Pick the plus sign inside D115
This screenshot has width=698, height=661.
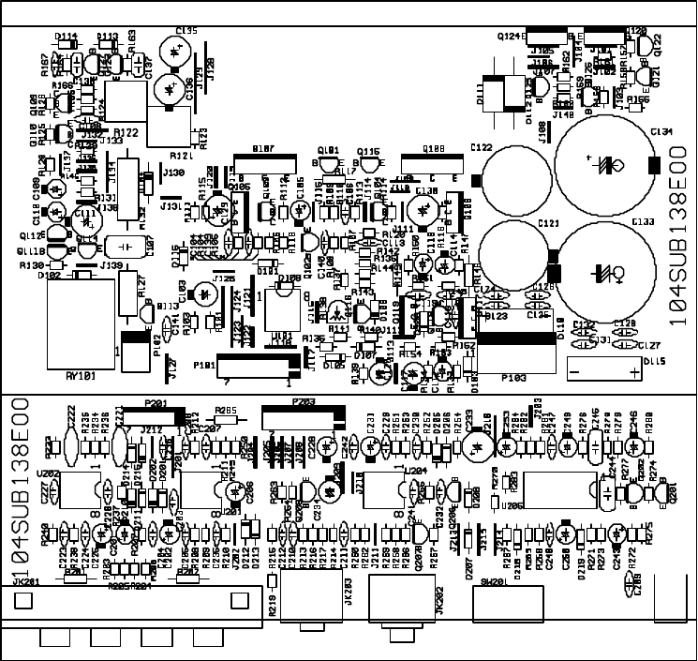636,371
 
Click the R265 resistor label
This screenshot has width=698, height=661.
226,410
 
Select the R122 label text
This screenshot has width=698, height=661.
126,132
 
